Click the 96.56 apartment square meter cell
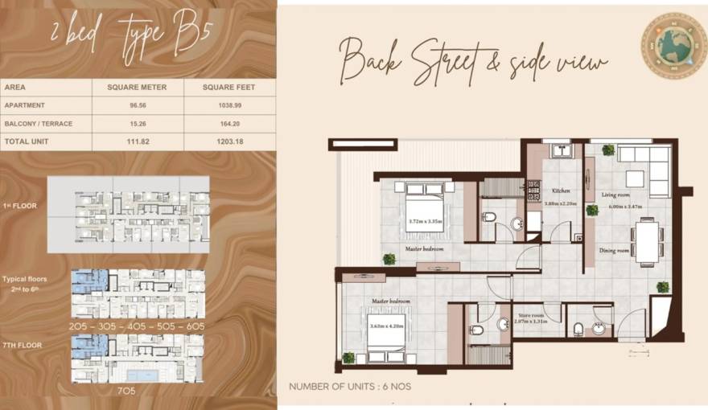pos(138,105)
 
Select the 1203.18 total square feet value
pos(229,141)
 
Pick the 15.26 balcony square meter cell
pos(138,123)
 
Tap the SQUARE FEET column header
pos(229,88)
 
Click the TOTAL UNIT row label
pos(27,141)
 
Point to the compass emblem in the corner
pos(673,45)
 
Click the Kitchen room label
pos(561,191)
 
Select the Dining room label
pos(614,250)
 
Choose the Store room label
pos(532,315)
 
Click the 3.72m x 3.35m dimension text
pos(425,221)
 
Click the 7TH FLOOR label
pos(23,345)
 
